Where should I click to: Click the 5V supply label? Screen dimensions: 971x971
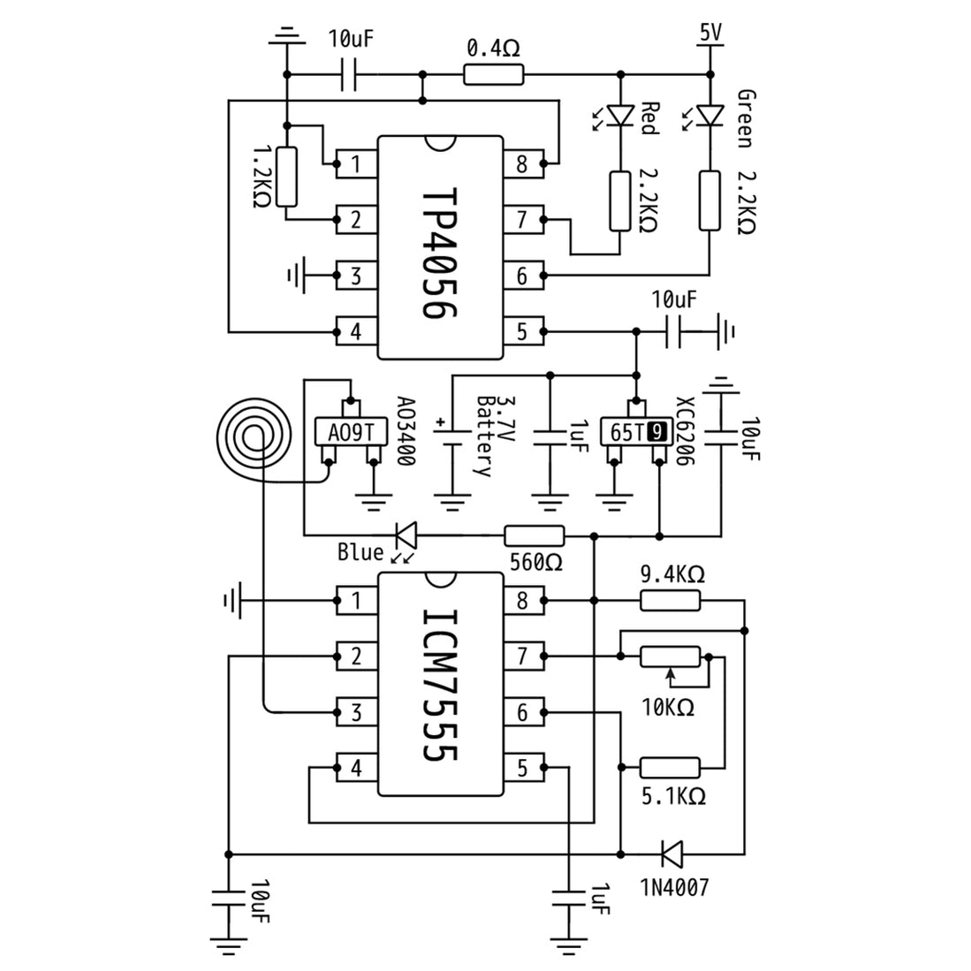tap(710, 33)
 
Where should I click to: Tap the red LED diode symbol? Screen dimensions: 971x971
tap(622, 115)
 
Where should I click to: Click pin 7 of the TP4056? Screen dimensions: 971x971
tap(522, 219)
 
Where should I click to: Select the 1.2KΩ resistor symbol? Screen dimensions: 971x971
tap(286, 178)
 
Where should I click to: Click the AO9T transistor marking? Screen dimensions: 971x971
tap(352, 433)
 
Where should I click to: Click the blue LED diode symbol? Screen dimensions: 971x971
tap(406, 535)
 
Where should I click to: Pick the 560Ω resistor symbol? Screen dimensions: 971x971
tap(534, 535)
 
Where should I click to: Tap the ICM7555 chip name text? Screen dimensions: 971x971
tap(438, 685)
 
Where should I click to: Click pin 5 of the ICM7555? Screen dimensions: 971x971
tap(522, 768)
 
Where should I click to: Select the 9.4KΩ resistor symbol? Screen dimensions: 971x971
tap(670, 602)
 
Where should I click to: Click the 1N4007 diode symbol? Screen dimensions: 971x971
tap(671, 853)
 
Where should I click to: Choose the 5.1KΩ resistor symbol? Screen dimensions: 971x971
tap(670, 768)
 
